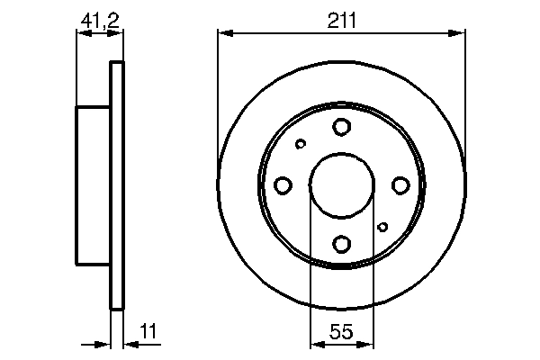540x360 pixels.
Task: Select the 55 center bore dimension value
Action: point(341,331)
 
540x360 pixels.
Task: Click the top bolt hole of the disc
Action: point(341,127)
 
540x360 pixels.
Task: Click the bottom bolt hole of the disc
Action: point(341,243)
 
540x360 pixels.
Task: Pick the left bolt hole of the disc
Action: point(283,185)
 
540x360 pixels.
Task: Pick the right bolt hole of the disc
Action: point(400,185)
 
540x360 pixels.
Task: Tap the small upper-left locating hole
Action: point(301,143)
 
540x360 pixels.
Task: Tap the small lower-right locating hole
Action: point(382,227)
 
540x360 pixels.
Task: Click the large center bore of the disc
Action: point(341,185)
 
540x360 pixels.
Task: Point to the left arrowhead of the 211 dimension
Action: point(225,33)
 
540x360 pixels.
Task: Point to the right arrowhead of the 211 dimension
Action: point(459,33)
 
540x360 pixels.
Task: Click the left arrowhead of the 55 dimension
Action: point(315,343)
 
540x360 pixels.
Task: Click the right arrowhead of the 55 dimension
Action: point(367,343)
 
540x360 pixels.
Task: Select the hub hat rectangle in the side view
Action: point(93,185)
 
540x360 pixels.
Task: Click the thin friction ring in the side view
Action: point(115,185)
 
